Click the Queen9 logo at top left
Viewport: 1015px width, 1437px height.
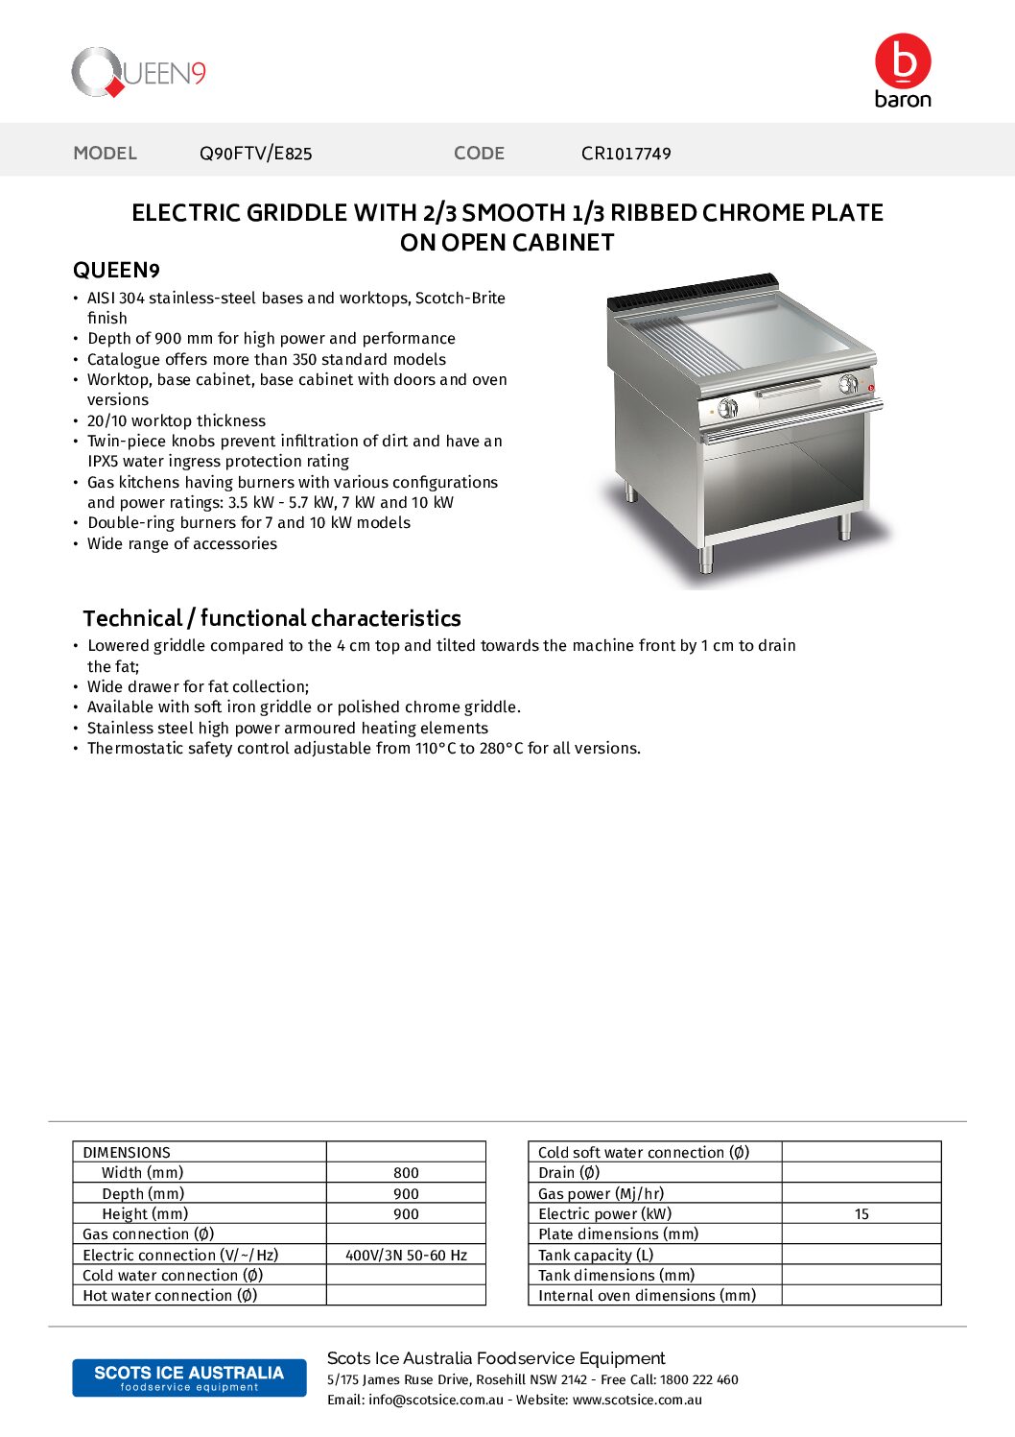point(138,72)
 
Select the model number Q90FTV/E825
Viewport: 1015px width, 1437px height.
point(255,153)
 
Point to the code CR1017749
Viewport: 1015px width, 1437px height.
point(626,153)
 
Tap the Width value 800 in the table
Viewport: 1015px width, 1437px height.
point(406,1173)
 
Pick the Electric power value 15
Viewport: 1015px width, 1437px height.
point(862,1214)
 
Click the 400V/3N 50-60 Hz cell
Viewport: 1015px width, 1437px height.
point(406,1255)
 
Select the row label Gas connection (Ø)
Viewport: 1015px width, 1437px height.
point(149,1234)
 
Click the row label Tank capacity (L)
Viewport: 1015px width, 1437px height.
point(596,1255)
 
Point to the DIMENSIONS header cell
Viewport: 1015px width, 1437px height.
point(127,1152)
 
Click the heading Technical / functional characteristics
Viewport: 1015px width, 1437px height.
point(271,618)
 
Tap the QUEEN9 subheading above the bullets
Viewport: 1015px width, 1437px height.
point(116,270)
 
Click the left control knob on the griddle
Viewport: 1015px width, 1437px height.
point(727,408)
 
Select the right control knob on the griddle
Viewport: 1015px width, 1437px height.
point(848,385)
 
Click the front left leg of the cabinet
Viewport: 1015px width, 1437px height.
point(706,558)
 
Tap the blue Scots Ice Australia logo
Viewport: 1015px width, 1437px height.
point(189,1377)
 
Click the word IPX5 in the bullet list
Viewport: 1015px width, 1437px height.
point(103,462)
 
